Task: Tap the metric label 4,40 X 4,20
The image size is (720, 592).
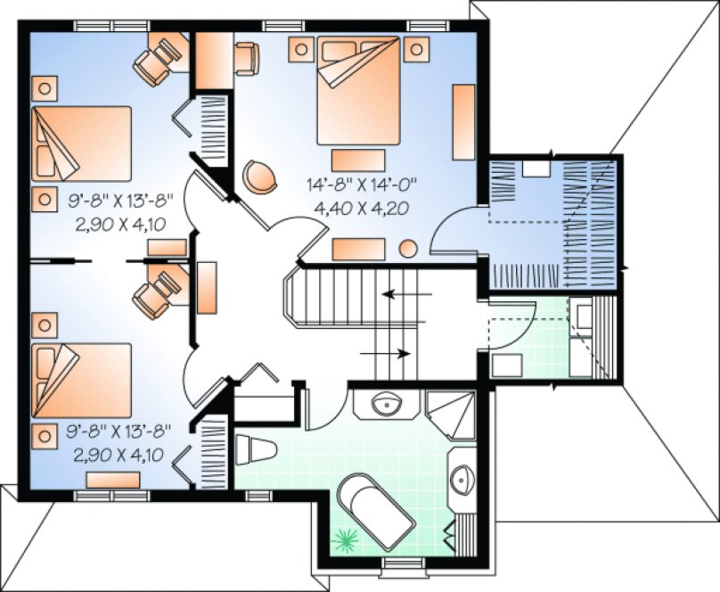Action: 361,207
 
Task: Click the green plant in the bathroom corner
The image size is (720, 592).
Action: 344,539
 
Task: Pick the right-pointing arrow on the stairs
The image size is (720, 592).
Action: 386,353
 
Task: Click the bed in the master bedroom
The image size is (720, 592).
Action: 358,93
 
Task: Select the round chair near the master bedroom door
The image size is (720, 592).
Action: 259,175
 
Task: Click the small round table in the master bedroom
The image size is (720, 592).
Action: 409,250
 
